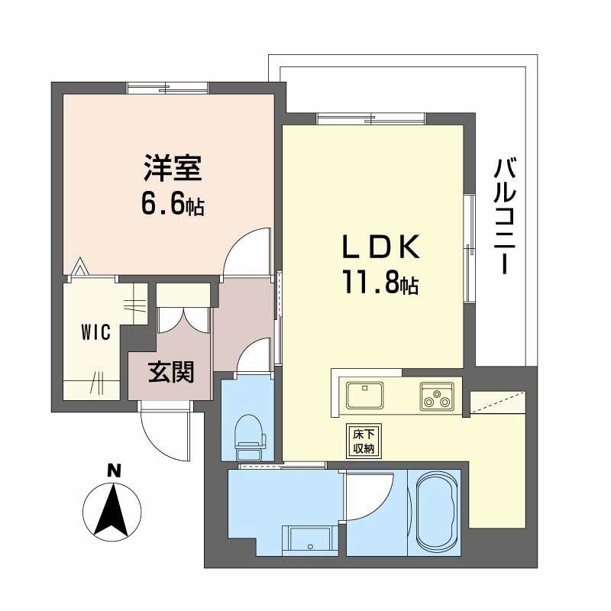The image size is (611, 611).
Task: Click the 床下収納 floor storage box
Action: [x=361, y=440]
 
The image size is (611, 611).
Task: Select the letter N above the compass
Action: [x=113, y=471]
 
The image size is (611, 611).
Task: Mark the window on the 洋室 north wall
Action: [x=168, y=89]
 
